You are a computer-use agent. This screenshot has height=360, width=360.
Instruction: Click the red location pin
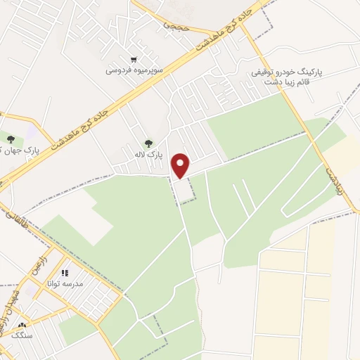point(182,166)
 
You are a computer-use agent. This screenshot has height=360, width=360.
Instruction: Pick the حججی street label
point(173,24)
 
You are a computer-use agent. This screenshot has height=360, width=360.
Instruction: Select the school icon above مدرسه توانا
point(65,273)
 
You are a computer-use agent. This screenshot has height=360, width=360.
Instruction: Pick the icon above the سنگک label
point(22,326)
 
